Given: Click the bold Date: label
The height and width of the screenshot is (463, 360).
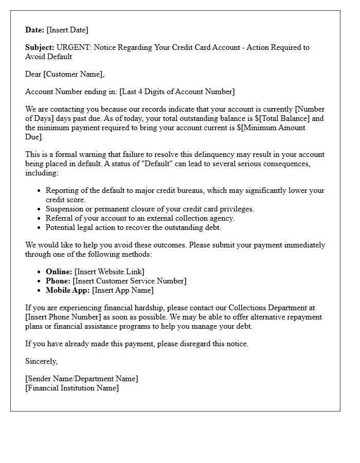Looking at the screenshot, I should pyautogui.click(x=35, y=30).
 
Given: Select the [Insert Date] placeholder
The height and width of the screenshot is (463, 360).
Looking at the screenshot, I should pyautogui.click(x=67, y=30).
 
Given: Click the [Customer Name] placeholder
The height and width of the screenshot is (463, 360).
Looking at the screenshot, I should pyautogui.click(x=74, y=74).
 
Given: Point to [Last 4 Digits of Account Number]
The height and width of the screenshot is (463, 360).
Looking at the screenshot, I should pyautogui.click(x=177, y=92).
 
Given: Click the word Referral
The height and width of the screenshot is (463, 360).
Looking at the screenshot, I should pyautogui.click(x=60, y=218).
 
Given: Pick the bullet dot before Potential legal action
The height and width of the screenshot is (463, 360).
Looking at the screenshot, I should pyautogui.click(x=40, y=227).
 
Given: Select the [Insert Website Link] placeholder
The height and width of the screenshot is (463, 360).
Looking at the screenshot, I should pyautogui.click(x=110, y=272).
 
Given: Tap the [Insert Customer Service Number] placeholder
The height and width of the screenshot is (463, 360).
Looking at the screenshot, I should pyautogui.click(x=130, y=281).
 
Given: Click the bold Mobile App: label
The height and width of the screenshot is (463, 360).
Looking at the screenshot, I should pyautogui.click(x=68, y=290).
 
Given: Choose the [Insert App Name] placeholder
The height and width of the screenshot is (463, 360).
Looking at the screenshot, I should pyautogui.click(x=123, y=290).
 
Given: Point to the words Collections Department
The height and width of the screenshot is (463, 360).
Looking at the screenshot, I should pyautogui.click(x=267, y=308).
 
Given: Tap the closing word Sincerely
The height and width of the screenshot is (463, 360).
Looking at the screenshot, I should pyautogui.click(x=42, y=361).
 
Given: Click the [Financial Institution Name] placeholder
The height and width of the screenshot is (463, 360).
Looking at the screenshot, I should pyautogui.click(x=72, y=388).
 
